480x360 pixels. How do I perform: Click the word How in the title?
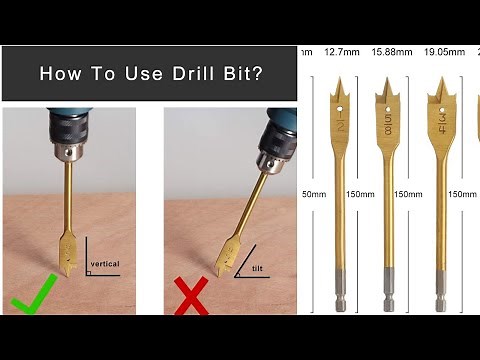[55, 73]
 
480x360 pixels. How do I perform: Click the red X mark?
[192, 299]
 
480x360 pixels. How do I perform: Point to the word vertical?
[104, 264]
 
